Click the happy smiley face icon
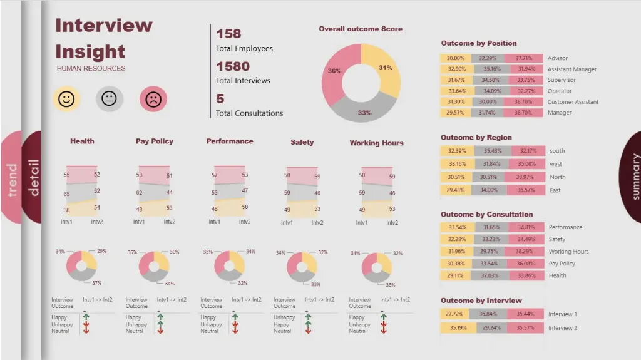[x=66, y=99]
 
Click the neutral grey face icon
[x=110, y=99]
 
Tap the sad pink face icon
[x=153, y=99]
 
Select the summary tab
[x=633, y=177]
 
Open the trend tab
[x=11, y=180]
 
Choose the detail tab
[x=33, y=177]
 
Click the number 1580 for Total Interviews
[x=233, y=66]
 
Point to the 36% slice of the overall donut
[x=335, y=71]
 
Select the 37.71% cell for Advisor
[x=523, y=58]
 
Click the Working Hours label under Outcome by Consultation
[x=568, y=252]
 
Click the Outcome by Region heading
[x=476, y=138]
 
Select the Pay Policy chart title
[x=154, y=141]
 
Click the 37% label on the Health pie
[x=96, y=283]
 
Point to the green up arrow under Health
[x=86, y=317]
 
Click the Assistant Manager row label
[x=572, y=69]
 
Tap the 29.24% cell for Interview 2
[x=491, y=328]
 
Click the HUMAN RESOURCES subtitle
[x=91, y=69]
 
